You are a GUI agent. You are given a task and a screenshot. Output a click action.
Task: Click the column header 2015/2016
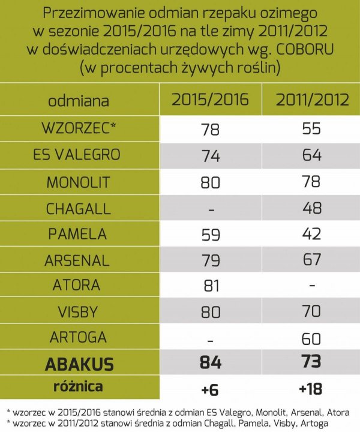click(210, 100)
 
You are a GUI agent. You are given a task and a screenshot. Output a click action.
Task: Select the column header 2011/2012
click(312, 100)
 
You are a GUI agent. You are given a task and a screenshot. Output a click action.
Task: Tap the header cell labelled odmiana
click(78, 101)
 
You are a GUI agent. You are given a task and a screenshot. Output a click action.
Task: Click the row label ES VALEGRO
click(76, 154)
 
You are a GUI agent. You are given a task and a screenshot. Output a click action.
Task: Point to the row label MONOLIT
click(76, 181)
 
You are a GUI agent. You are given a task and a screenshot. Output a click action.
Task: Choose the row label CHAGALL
click(76, 208)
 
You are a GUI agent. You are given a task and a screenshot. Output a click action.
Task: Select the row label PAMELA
click(76, 235)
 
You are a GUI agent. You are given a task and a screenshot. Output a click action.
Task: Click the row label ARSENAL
click(76, 261)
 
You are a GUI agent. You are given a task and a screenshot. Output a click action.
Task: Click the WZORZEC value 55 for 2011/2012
click(312, 128)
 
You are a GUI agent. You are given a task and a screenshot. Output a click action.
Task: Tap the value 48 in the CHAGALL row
click(312, 208)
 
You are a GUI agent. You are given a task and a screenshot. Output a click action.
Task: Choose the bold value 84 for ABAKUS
click(209, 363)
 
